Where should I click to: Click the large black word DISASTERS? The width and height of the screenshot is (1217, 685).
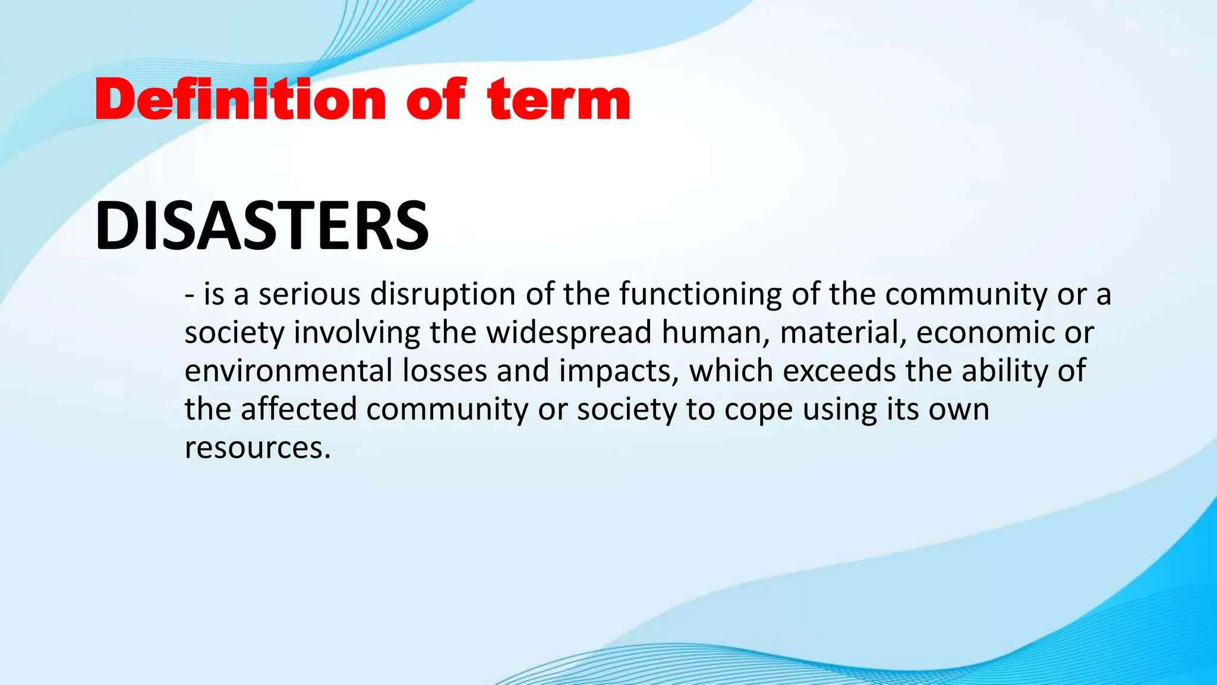[x=261, y=226]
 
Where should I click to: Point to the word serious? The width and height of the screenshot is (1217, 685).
[x=309, y=294]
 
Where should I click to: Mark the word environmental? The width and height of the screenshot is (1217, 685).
[x=288, y=371]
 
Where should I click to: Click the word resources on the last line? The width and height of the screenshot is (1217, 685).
[x=257, y=448]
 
